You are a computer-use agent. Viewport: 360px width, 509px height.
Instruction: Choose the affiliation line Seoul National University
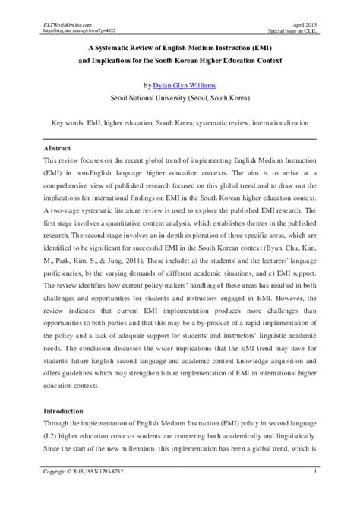click(179, 98)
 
